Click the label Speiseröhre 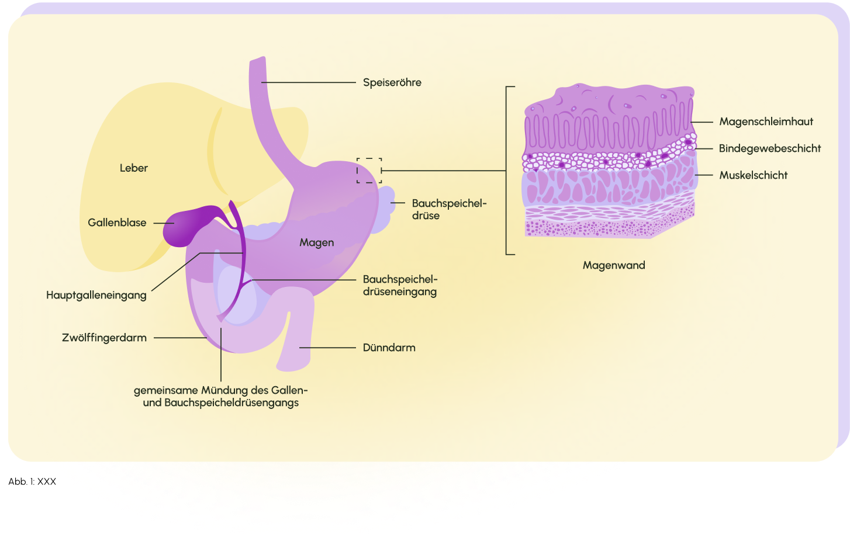pos(392,82)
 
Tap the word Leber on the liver pos(133,168)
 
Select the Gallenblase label pos(117,223)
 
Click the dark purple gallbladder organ pos(182,227)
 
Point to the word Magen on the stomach pos(316,242)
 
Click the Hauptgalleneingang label pos(96,295)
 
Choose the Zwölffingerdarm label pos(105,338)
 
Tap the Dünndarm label pos(389,348)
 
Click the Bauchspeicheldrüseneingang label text pos(400,286)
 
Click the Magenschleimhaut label pos(766,122)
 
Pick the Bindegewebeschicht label pos(769,148)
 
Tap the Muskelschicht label pos(753,175)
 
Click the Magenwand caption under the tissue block pos(614,265)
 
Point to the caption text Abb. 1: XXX pos(32,481)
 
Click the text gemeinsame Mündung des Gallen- pos(220,390)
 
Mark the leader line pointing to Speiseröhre pos(308,82)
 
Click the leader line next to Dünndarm pos(327,348)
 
